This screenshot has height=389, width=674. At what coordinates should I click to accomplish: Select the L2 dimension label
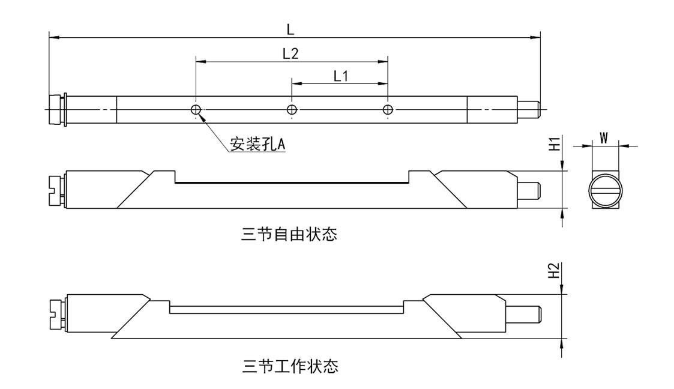click(290, 53)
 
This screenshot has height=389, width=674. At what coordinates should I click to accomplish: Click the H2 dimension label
click(555, 271)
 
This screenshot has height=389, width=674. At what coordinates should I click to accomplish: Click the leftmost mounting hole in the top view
click(196, 109)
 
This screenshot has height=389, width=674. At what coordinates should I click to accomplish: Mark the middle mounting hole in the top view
click(292, 109)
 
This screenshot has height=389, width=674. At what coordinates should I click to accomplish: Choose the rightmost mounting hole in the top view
click(388, 109)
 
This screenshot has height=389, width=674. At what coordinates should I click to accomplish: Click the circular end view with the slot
click(604, 190)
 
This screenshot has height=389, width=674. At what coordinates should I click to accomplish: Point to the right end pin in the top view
click(529, 109)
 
